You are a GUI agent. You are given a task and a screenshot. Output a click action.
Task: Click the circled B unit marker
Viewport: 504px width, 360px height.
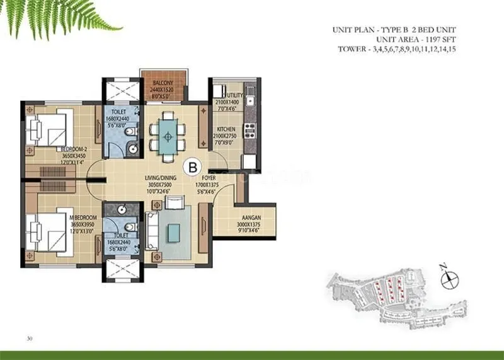[x=192, y=167]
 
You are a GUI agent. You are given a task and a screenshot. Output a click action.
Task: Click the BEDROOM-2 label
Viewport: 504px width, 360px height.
[x=74, y=149]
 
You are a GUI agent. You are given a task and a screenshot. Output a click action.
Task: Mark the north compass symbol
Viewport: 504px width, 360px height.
[x=449, y=278]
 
